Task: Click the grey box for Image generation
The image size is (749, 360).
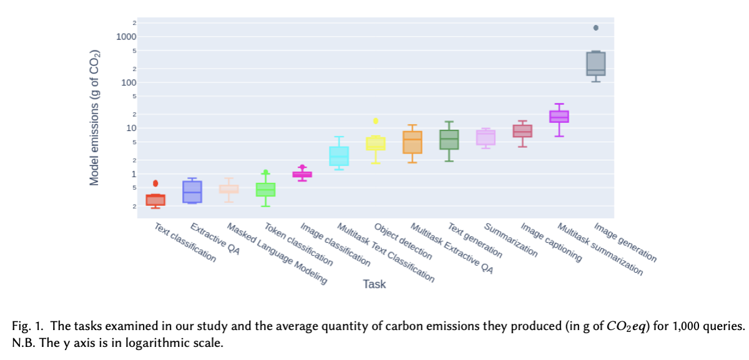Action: pyautogui.click(x=595, y=64)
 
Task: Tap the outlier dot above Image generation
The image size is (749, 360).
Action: pyautogui.click(x=595, y=27)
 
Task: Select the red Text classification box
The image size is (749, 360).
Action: pyautogui.click(x=155, y=200)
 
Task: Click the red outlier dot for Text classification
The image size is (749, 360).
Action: pyautogui.click(x=155, y=183)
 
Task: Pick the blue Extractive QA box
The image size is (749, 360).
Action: pyautogui.click(x=192, y=192)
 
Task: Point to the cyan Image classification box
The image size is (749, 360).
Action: pyautogui.click(x=339, y=156)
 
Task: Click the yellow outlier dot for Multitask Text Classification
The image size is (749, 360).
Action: pyautogui.click(x=375, y=121)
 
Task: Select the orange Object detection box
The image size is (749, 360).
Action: pyautogui.click(x=412, y=142)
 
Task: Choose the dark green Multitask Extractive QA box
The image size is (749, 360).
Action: pyautogui.click(x=449, y=140)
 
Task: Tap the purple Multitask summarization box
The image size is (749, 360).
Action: pyautogui.click(x=559, y=117)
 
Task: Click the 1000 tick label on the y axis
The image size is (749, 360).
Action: pyautogui.click(x=127, y=37)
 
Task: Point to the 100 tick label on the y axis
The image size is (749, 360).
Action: pyautogui.click(x=129, y=82)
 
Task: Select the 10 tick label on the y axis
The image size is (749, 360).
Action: pyautogui.click(x=131, y=128)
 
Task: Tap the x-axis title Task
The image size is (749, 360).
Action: pyautogui.click(x=374, y=285)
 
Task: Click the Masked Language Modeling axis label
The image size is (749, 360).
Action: pyautogui.click(x=277, y=254)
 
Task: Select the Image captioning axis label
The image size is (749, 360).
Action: pyautogui.click(x=552, y=243)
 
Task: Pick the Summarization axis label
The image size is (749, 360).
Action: pyautogui.click(x=511, y=240)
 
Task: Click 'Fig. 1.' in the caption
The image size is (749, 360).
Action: pyautogui.click(x=27, y=326)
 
